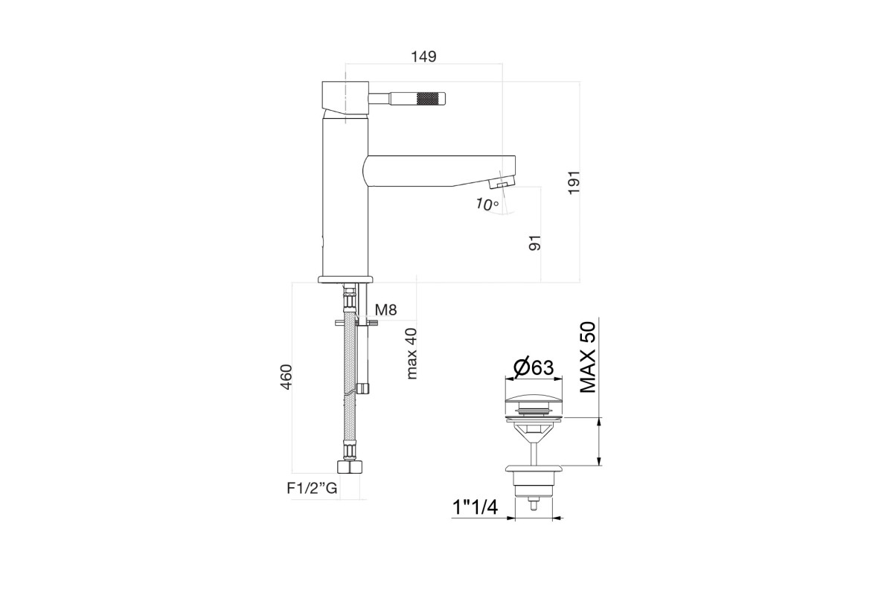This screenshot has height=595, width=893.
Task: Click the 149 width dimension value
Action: [x=423, y=57]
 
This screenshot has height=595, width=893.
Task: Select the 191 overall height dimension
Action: [x=574, y=182]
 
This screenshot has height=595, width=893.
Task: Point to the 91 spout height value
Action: [x=535, y=242]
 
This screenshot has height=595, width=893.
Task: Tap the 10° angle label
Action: [x=487, y=205]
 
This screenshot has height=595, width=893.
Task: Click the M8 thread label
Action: [x=386, y=309]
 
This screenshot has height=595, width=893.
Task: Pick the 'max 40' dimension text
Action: [x=411, y=353]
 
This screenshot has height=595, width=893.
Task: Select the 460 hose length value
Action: [x=287, y=376]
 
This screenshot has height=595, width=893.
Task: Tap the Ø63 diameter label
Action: [x=534, y=368]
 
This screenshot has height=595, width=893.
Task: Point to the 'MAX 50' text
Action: [x=588, y=357]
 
